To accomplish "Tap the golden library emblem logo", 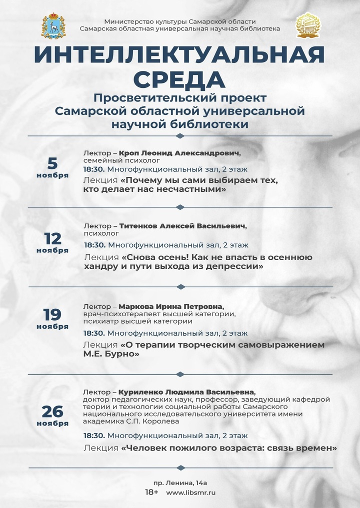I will coord(307,25).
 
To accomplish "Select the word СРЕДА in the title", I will coord(179,79).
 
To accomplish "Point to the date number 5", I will coord(52,163).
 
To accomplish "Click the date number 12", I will coord(52,238).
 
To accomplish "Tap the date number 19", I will coord(52,314).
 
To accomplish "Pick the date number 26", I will coord(52,411).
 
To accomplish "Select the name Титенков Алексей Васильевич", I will coord(183,226).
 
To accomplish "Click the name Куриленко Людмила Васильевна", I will coord(187,392).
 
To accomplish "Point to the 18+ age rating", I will coord(151,493).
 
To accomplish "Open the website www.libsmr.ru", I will coord(191,493).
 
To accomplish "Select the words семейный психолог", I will coord(121,161).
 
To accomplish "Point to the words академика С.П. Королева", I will coord(131,421).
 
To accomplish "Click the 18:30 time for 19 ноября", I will coord(94,333).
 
